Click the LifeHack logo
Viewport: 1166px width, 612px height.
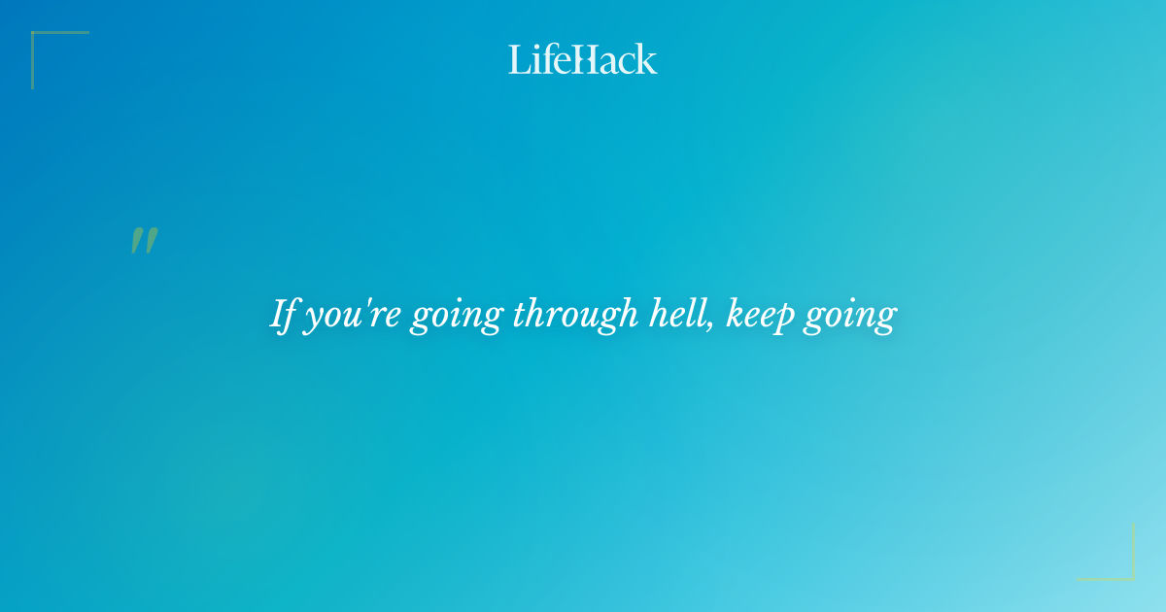coord(582,59)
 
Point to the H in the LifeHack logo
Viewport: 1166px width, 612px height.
coord(583,59)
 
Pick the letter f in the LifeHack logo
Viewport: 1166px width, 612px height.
coord(542,58)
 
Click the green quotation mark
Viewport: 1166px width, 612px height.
coord(144,241)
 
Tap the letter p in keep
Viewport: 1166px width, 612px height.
coord(785,321)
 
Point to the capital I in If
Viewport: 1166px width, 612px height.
coord(277,315)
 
